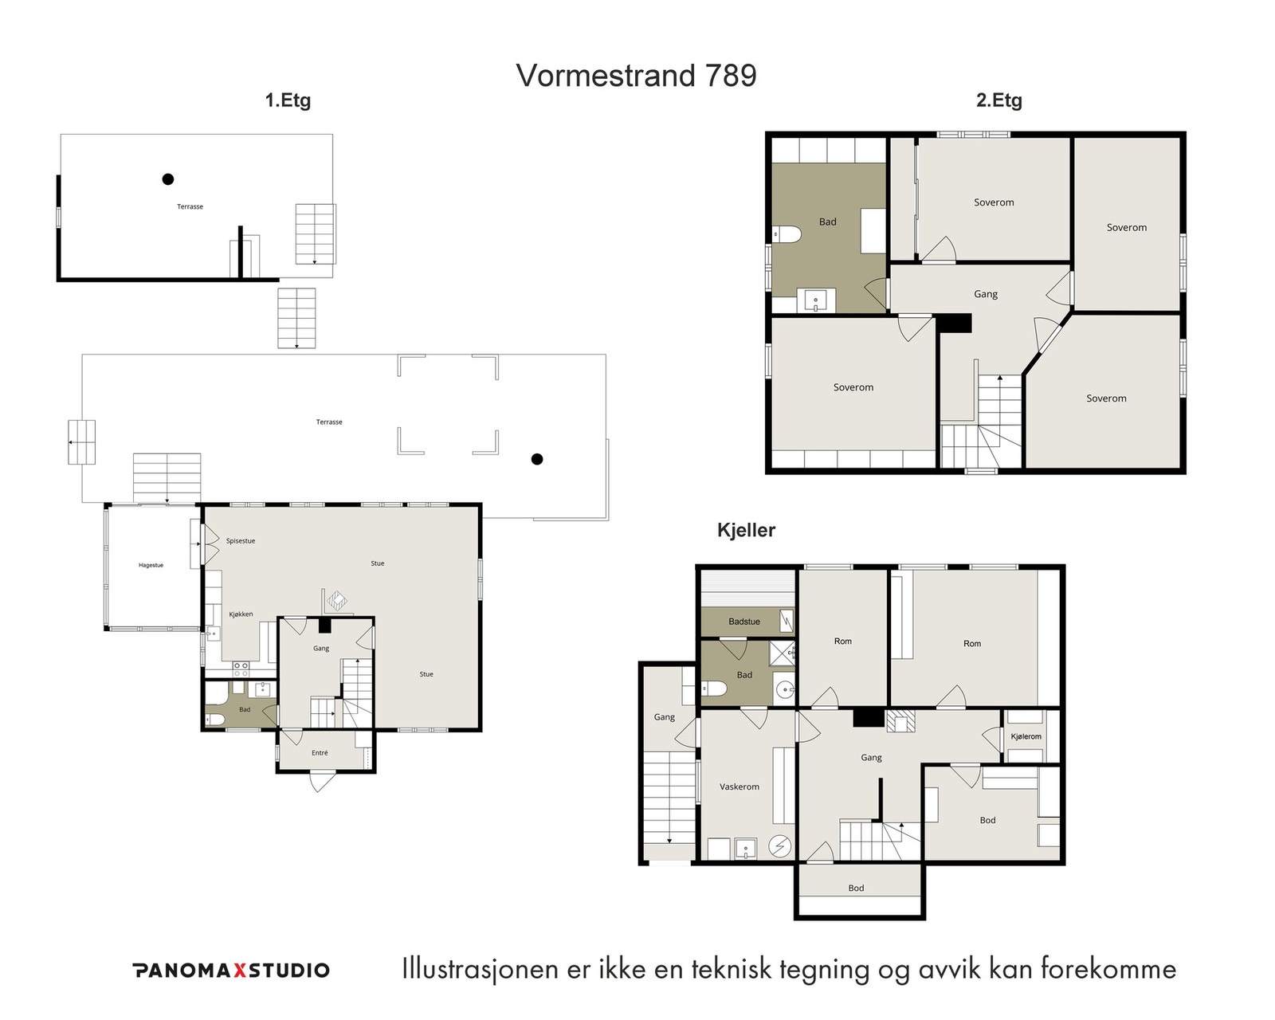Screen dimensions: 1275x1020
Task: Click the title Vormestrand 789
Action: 637,76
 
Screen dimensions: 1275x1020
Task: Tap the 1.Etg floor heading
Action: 288,100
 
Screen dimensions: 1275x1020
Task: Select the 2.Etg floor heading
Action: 999,100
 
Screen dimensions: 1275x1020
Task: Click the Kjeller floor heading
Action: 746,530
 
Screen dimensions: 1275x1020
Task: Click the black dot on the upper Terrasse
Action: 167,179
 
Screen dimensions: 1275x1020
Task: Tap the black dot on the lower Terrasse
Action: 537,459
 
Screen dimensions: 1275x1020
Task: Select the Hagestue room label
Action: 151,566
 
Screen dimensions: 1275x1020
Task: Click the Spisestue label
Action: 241,541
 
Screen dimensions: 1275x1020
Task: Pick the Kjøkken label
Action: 241,614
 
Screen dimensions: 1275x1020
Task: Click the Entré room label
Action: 320,753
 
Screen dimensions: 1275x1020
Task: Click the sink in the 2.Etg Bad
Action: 816,300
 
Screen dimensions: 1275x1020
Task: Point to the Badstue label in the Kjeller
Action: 744,622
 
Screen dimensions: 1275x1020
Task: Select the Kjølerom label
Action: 1026,736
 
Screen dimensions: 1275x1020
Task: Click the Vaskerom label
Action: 739,787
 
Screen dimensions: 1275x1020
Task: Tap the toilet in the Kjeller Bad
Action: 714,688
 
